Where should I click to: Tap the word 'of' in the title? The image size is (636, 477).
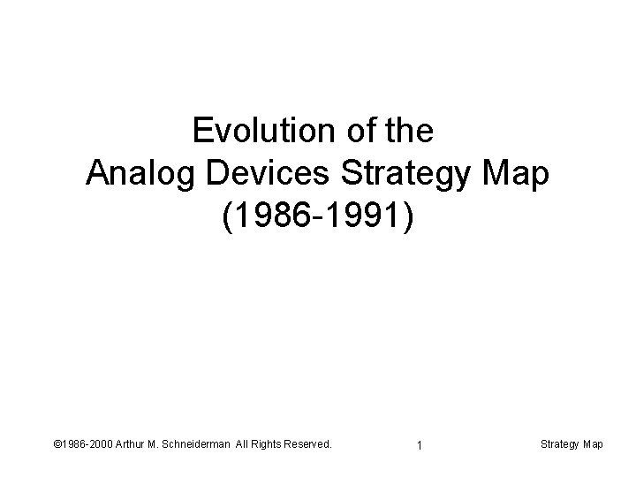coord(349,132)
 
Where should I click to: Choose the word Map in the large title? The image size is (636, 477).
coord(519,174)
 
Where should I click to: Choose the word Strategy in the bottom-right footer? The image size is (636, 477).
coord(559,444)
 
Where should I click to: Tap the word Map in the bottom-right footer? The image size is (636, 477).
coord(594,444)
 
